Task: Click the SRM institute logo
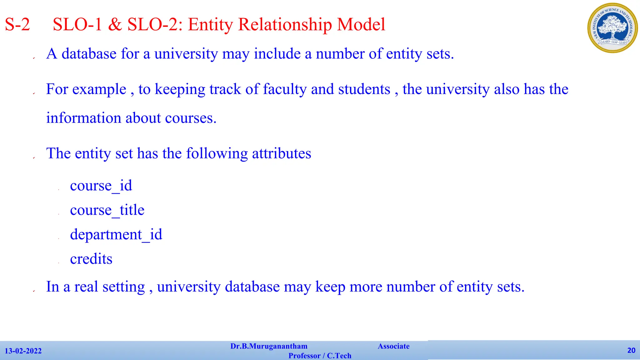[x=612, y=28]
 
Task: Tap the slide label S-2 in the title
[x=17, y=24]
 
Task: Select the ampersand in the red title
[x=115, y=24]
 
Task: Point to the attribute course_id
[x=101, y=186]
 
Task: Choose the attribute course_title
[x=107, y=210]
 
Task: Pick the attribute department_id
[x=116, y=234]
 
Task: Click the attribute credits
[x=91, y=259]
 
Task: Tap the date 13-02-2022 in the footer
[x=23, y=351]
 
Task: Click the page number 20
[x=631, y=350]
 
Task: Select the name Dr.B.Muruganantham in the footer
[x=269, y=346]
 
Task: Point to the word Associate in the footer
[x=393, y=346]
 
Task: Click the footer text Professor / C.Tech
[x=320, y=356]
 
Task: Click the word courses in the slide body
[x=191, y=118]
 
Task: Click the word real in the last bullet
[x=86, y=287]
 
